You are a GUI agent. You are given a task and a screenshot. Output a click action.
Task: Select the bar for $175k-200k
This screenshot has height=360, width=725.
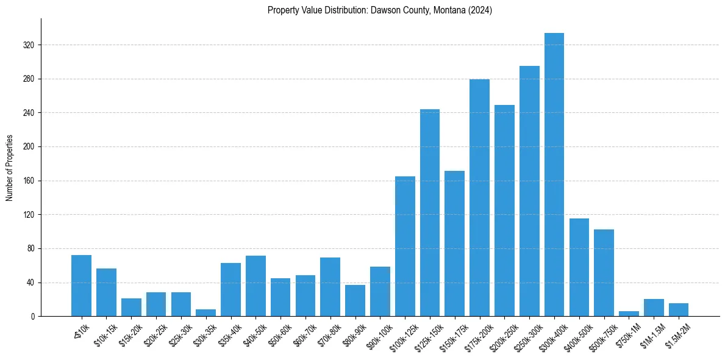coord(479,198)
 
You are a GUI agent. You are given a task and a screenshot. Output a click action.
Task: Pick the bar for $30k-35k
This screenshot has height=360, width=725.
coord(205,313)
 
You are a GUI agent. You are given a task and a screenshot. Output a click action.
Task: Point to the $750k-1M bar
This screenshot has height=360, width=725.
coord(629,314)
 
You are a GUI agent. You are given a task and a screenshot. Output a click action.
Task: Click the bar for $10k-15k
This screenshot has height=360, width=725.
coord(106,292)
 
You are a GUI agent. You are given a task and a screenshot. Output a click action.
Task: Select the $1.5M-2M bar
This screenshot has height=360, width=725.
coord(679,310)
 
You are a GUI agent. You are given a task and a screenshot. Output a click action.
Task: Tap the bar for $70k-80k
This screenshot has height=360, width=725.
coord(330,287)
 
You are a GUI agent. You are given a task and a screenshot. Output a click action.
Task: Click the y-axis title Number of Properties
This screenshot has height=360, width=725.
coord(10,167)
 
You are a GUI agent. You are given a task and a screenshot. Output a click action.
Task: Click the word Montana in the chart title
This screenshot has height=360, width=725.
coord(446,10)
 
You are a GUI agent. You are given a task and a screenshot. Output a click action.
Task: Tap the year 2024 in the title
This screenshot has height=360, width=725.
coord(480,10)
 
